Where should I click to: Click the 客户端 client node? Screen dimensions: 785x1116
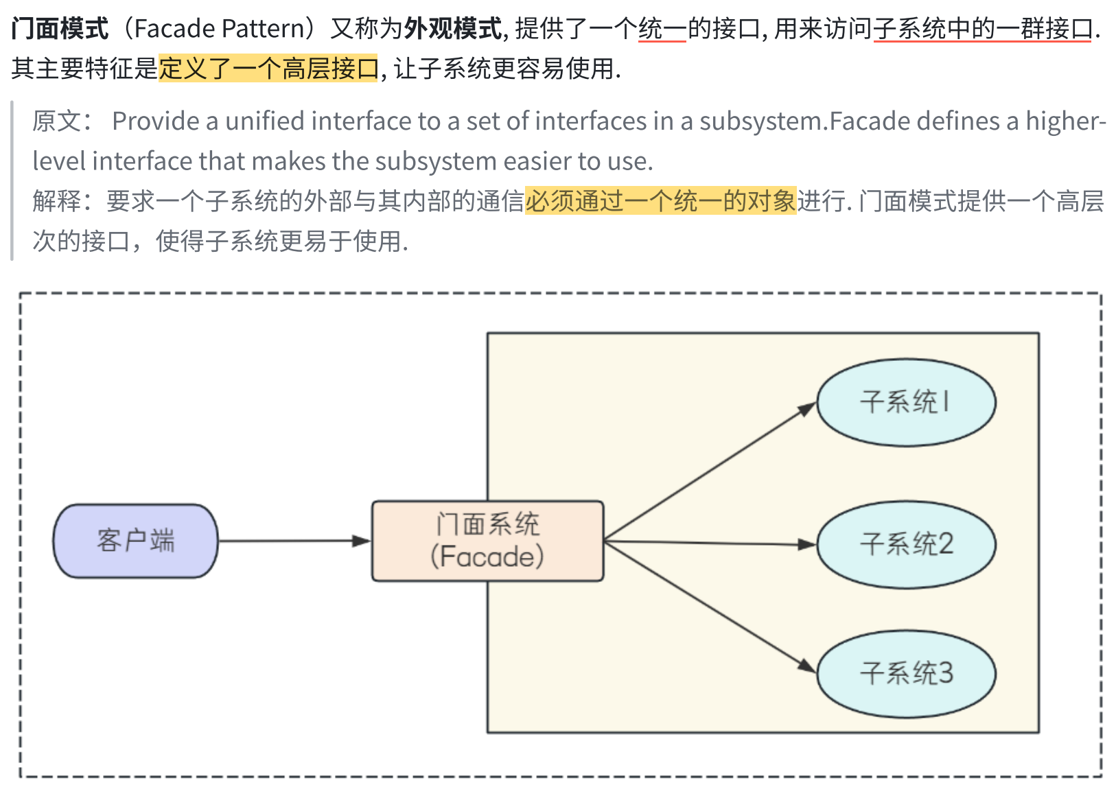pyautogui.click(x=135, y=541)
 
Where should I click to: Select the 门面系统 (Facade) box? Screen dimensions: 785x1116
pyautogui.click(x=487, y=541)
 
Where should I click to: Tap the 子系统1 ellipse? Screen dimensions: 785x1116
pyautogui.click(x=906, y=402)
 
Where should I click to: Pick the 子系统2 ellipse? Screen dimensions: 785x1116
pyautogui.click(x=906, y=544)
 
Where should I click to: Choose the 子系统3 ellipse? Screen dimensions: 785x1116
pyautogui.click(x=906, y=673)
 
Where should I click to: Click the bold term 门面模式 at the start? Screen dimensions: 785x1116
pyautogui.click(x=60, y=29)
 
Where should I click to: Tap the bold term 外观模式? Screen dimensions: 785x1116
pyautogui.click(x=453, y=29)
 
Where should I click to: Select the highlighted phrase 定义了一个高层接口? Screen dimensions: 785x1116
pyautogui.click(x=268, y=68)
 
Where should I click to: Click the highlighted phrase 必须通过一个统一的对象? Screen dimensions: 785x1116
pyautogui.click(x=660, y=200)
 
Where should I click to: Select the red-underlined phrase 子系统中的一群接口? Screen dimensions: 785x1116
pyautogui.click(x=982, y=29)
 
